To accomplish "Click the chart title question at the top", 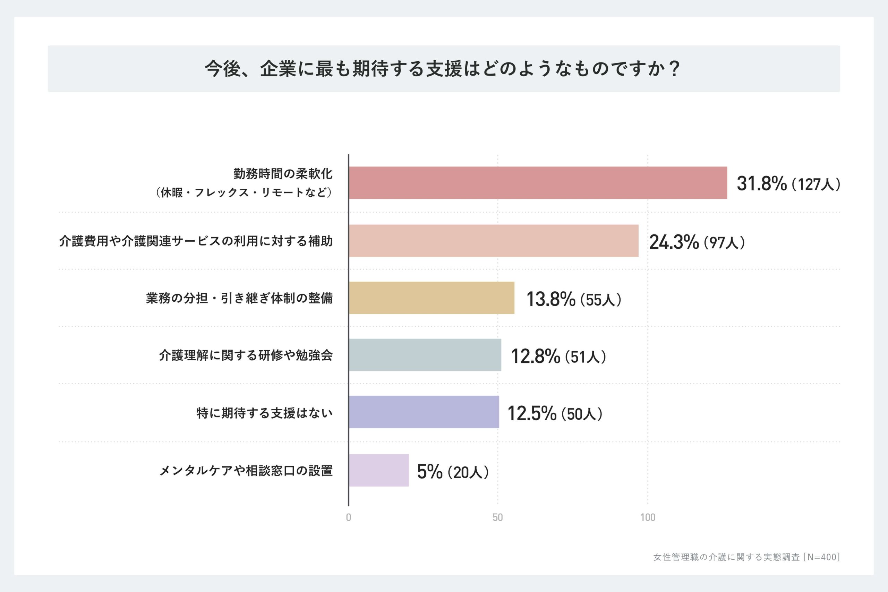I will [444, 69].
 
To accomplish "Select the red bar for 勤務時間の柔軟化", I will [538, 183].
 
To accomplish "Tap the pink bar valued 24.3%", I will [494, 241].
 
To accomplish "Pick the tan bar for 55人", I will [431, 298].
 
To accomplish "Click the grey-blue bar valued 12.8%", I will [425, 355].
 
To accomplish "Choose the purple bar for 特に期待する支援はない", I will [424, 412].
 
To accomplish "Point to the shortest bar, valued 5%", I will [379, 470].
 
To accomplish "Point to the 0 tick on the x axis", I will [349, 517].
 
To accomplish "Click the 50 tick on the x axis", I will [498, 517].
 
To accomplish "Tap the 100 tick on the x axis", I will [648, 517].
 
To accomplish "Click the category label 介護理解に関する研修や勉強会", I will [246, 355].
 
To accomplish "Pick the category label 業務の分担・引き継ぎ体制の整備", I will [239, 298].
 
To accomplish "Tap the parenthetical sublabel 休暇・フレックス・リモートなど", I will [244, 192].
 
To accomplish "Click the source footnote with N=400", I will [746, 557].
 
